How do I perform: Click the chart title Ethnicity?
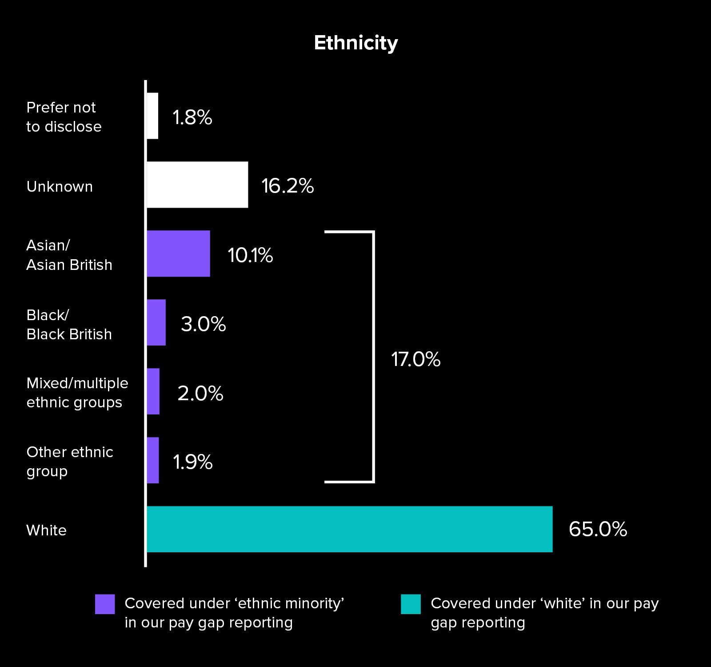click(x=356, y=43)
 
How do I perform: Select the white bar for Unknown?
click(x=197, y=185)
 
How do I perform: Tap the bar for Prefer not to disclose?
click(x=152, y=116)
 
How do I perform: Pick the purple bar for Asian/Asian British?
click(x=178, y=253)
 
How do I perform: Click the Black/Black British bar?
click(x=156, y=322)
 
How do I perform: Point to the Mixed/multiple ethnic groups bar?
click(x=153, y=391)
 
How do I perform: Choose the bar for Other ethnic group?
click(x=152, y=460)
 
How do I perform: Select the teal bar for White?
click(x=349, y=529)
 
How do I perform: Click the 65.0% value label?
click(x=598, y=529)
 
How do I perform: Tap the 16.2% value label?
click(x=288, y=186)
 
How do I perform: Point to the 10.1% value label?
click(x=250, y=255)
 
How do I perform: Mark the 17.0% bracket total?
click(x=415, y=359)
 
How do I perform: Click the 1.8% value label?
click(x=192, y=117)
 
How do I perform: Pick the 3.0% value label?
click(x=203, y=324)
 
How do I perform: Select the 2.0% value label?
click(x=200, y=394)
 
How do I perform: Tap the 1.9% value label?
click(x=192, y=462)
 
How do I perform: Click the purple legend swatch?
click(x=105, y=604)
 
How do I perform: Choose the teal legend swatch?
click(x=411, y=604)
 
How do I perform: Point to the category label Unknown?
click(x=60, y=186)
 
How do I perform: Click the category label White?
click(x=46, y=530)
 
